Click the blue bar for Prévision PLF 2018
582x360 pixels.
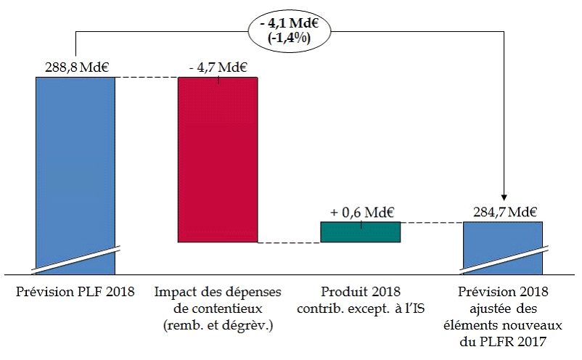pos(75,160)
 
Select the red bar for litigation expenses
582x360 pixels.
pos(218,160)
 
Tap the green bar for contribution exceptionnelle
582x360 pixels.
pos(361,232)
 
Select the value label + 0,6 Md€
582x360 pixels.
pos(361,213)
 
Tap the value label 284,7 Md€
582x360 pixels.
pos(503,213)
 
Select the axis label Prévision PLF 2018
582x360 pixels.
pos(75,292)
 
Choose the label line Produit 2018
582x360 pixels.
pos(361,292)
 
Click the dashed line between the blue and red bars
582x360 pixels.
pos(147,77)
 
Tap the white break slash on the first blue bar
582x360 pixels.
pos(75,258)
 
